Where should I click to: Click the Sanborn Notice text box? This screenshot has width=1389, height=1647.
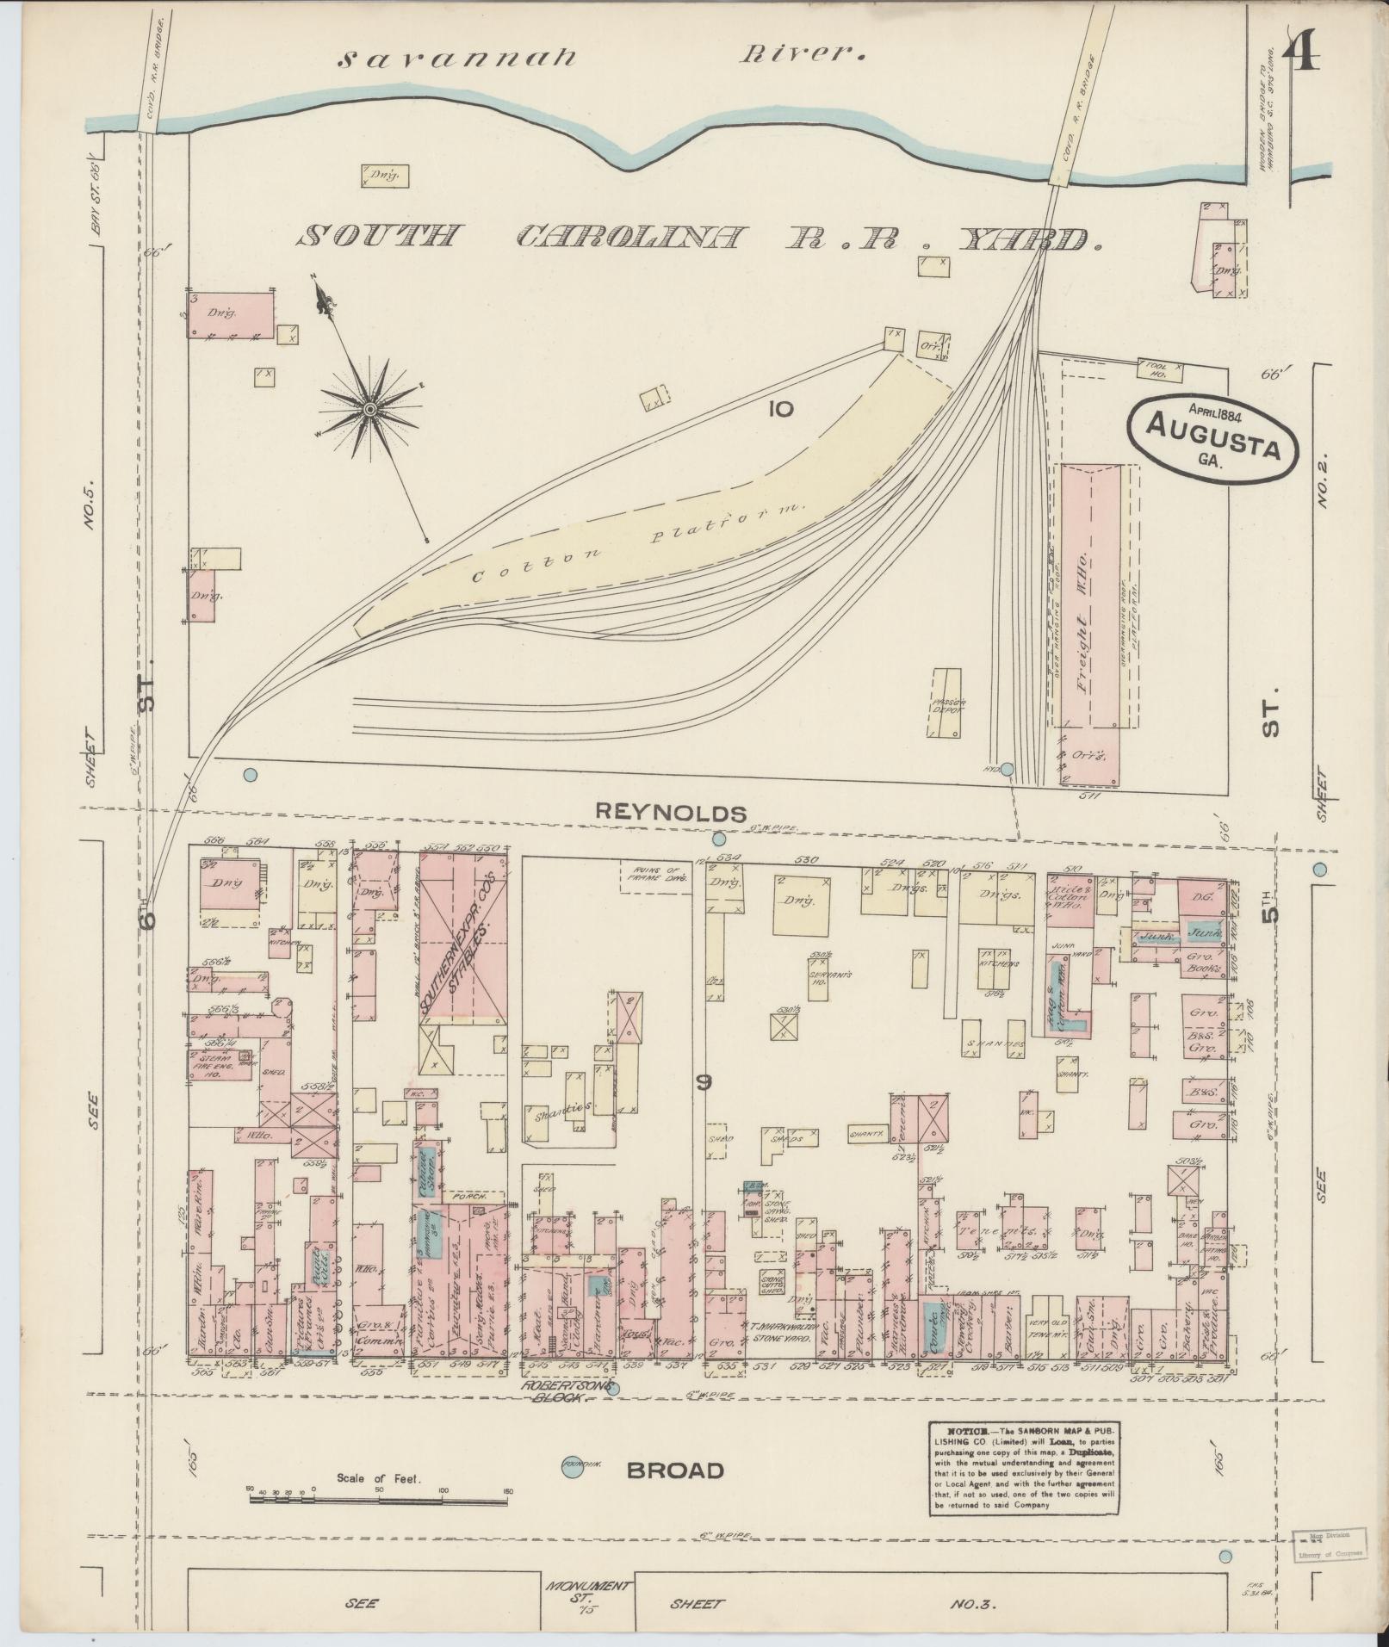[1023, 1472]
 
